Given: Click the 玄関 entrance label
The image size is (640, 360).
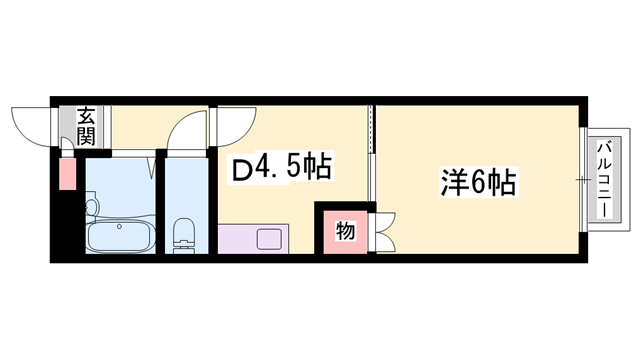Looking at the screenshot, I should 85,127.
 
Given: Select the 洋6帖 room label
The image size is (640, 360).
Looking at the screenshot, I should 477,183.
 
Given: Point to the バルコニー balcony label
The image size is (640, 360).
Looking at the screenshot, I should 603,181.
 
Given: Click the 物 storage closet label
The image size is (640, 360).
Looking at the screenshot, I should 343,232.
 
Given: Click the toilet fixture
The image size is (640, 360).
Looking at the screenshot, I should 184,236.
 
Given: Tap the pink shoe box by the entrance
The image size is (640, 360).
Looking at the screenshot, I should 67,173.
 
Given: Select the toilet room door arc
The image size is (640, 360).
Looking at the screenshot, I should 186,127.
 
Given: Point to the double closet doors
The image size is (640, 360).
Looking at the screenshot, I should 387,232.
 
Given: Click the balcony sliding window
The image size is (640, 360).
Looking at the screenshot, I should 583,181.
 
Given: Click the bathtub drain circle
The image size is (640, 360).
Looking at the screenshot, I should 120,227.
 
